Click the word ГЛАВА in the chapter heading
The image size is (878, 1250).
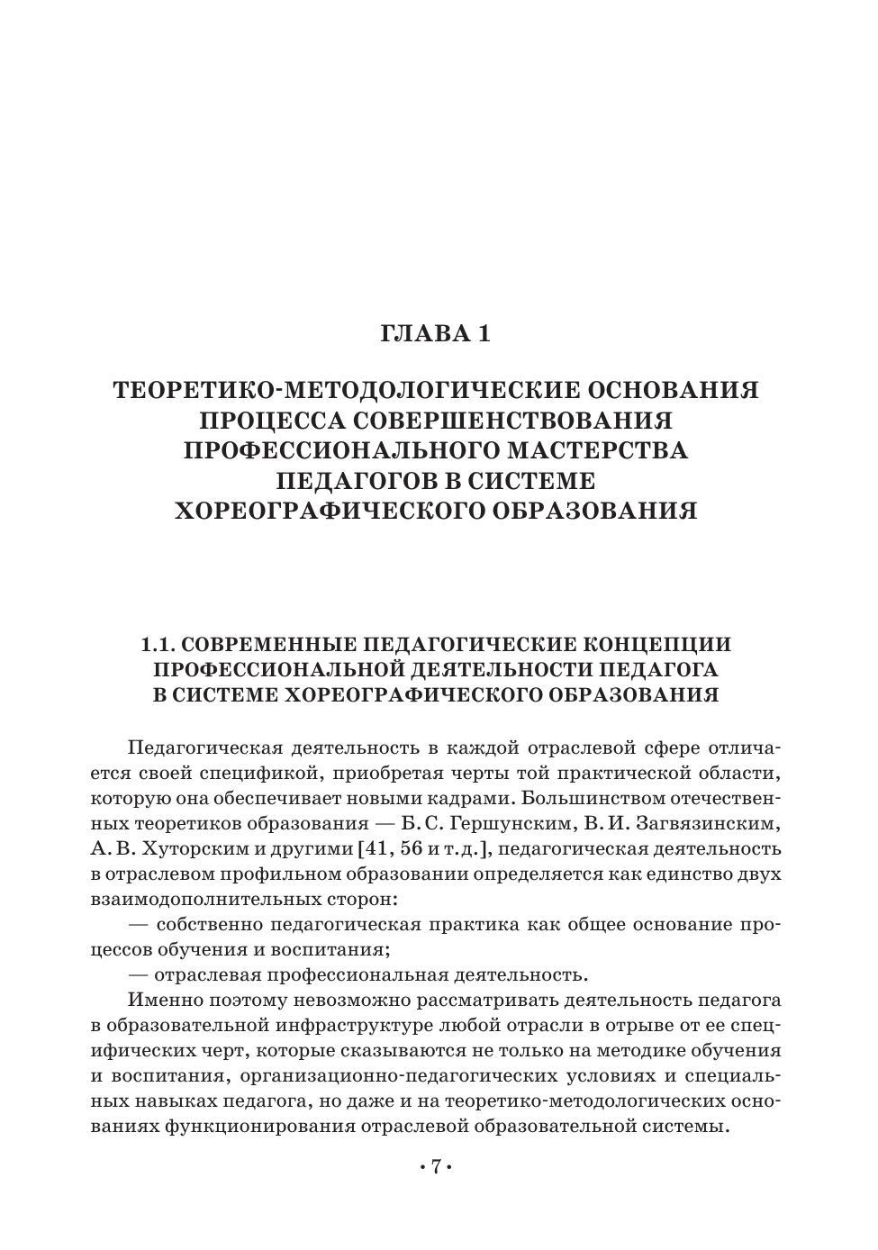[x=422, y=334]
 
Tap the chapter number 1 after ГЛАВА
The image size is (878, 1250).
[x=484, y=334]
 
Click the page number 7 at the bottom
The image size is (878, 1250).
[x=435, y=1168]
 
